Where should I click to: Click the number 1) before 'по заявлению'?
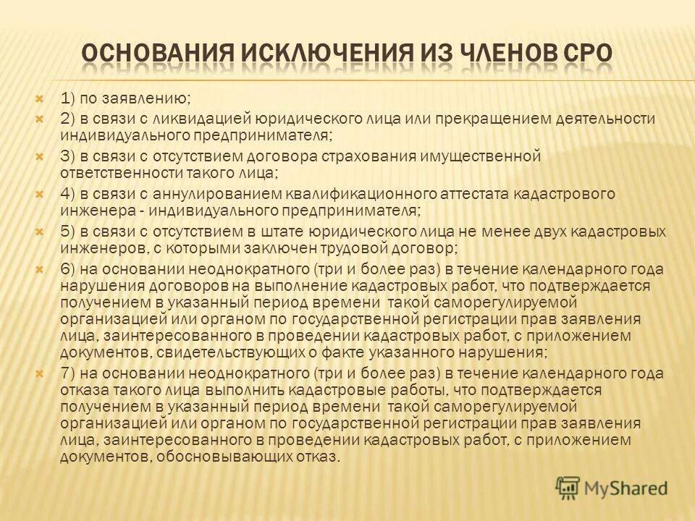pos(70,98)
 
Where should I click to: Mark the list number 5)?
pos(70,232)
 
